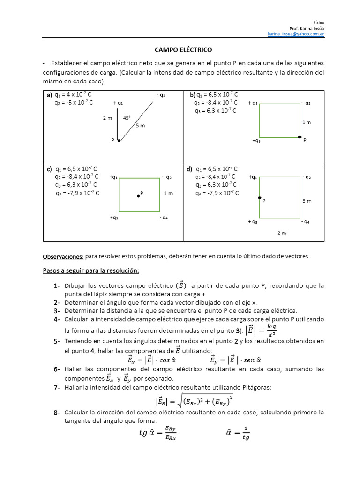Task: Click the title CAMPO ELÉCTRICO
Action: click(184, 49)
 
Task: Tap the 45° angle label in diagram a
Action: click(127, 118)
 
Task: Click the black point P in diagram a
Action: click(119, 140)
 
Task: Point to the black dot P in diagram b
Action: click(300, 137)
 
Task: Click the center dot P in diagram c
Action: click(138, 195)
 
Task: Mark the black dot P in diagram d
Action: click(259, 198)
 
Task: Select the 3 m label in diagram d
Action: click(307, 201)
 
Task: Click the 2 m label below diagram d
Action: click(281, 233)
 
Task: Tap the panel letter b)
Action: click(193, 95)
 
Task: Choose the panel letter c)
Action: click(49, 169)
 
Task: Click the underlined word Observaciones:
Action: click(63, 256)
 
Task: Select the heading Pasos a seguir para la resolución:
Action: click(91, 271)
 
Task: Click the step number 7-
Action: click(56, 387)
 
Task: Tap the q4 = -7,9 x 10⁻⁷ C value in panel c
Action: click(77, 193)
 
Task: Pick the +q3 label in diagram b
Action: click(256, 140)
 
